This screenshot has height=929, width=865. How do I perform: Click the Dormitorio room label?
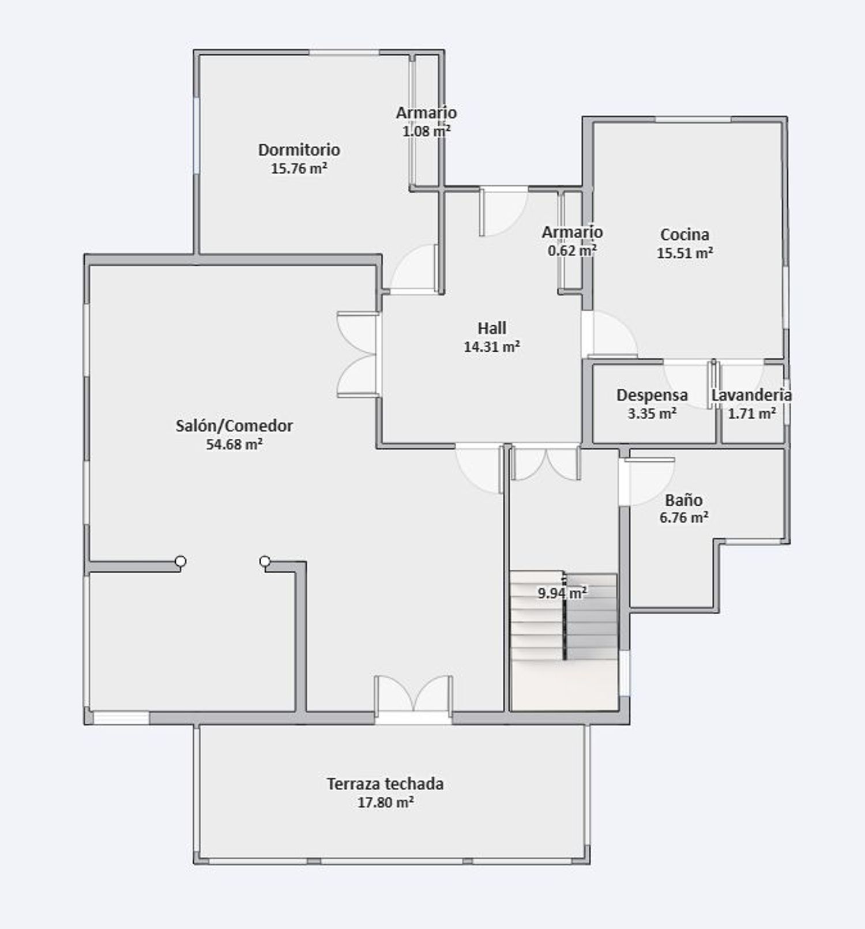tap(299, 150)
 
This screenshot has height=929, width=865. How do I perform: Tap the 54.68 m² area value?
tap(235, 445)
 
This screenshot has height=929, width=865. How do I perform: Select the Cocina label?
tap(685, 235)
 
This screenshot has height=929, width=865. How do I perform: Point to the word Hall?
tap(492, 328)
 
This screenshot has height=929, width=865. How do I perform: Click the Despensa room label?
tap(652, 395)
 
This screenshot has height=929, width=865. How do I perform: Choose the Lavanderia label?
tap(751, 395)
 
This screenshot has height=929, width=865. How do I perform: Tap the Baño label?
tap(684, 500)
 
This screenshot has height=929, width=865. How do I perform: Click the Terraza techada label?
tap(385, 784)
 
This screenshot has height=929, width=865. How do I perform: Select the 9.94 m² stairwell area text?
tap(562, 592)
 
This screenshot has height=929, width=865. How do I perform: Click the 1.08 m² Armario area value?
tap(426, 131)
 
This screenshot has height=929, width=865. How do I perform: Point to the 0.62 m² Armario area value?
tap(572, 250)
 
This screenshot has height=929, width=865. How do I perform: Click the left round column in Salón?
tap(180, 561)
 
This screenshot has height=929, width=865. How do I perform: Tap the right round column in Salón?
tap(265, 561)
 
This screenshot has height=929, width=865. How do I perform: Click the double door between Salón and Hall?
tap(358, 355)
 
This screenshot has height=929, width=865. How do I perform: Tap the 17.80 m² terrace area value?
tap(385, 802)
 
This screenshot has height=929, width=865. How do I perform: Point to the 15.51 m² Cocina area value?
tap(685, 253)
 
